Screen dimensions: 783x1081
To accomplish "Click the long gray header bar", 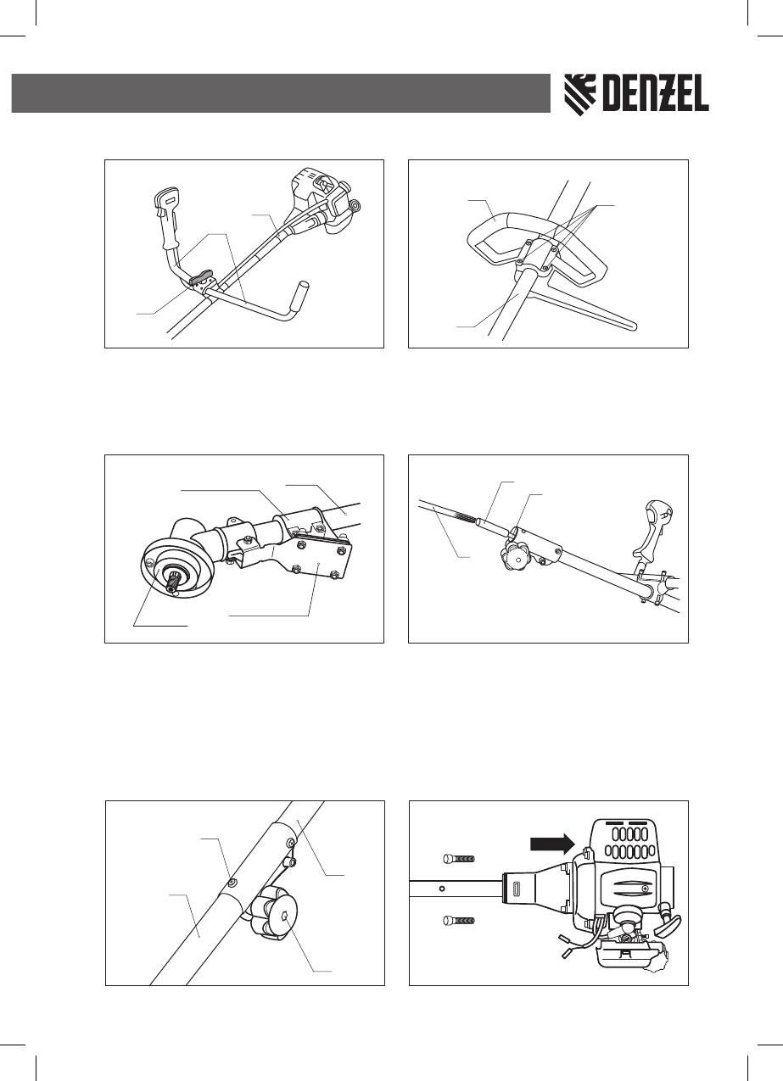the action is pos(280,92).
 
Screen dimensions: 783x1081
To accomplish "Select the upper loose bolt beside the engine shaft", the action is pos(458,858).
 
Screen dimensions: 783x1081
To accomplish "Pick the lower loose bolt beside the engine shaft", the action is pos(458,920).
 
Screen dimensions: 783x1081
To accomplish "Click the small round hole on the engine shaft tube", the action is pos(441,890).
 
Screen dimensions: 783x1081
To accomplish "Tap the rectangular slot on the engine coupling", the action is pos(517,890).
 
